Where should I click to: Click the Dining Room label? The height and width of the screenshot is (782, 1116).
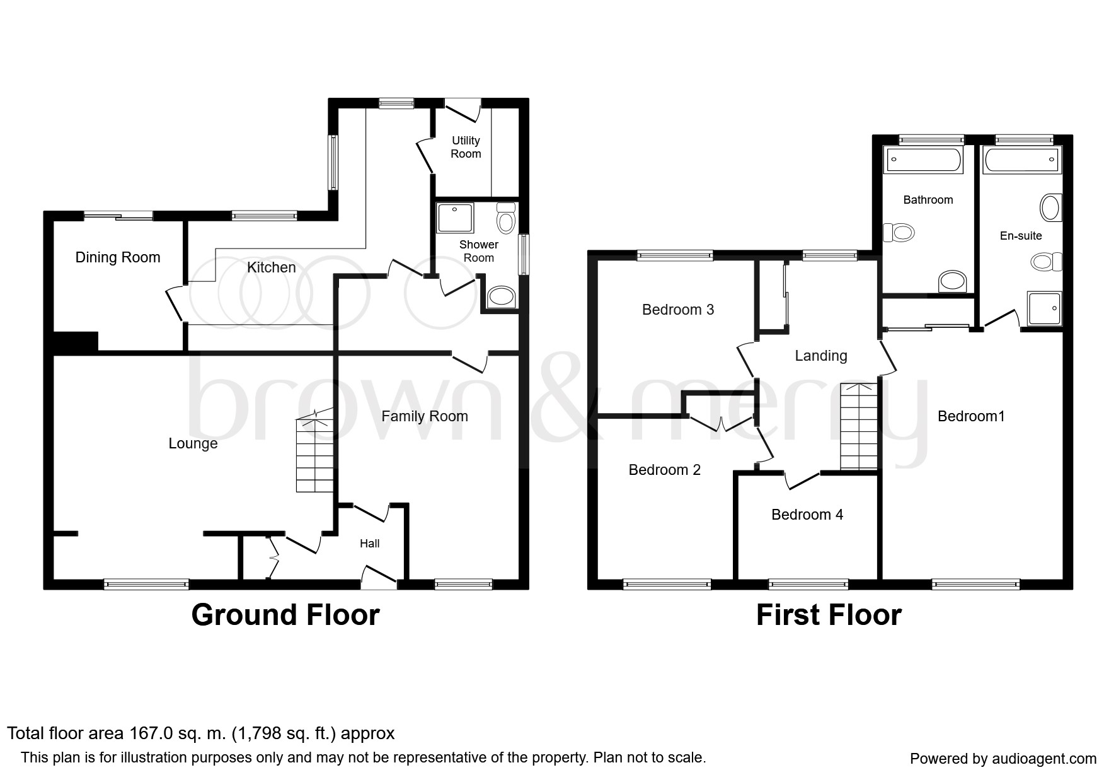point(118,257)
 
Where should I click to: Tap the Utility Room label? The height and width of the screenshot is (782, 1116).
point(466,147)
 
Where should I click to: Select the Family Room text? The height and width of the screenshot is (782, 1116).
point(425,416)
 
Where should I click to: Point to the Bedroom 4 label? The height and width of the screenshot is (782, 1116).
point(807,515)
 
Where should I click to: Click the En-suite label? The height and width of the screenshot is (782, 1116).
point(1021,236)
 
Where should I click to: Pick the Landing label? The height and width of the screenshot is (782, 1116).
point(821,356)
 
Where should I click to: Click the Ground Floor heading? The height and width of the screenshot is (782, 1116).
point(285,615)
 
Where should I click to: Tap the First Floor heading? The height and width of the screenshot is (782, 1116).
point(829,615)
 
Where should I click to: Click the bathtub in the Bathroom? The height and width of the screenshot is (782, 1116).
point(924,160)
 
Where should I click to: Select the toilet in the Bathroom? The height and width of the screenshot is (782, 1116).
point(898,233)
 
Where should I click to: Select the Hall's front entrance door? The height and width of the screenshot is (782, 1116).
point(379,577)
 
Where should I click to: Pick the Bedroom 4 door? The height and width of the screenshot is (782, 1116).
point(803,480)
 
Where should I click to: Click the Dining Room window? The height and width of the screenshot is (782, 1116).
point(119,216)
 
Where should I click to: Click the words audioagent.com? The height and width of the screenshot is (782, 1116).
point(1043,759)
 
